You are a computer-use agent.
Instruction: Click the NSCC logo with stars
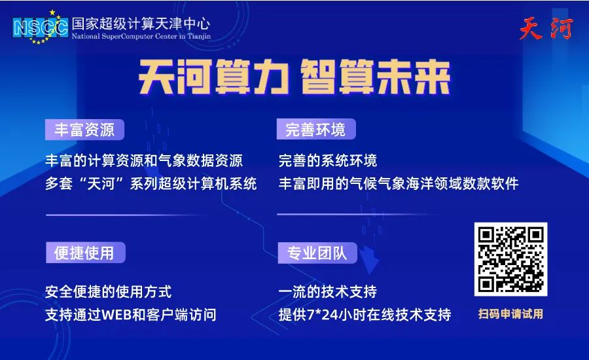pyautogui.click(x=40, y=27)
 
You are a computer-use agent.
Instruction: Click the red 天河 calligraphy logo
pyautogui.click(x=546, y=28)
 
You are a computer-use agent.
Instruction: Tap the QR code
pyautogui.click(x=510, y=259)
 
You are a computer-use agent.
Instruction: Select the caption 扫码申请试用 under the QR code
pyautogui.click(x=510, y=314)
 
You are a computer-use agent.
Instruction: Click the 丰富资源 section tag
pyautogui.click(x=84, y=130)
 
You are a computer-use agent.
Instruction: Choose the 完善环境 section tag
pyautogui.click(x=316, y=129)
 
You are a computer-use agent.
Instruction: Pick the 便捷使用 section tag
pyautogui.click(x=85, y=253)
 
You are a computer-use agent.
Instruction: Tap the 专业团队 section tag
pyautogui.click(x=317, y=253)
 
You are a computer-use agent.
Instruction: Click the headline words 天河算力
pyautogui.click(x=213, y=77)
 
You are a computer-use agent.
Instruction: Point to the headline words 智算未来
pyautogui.click(x=376, y=77)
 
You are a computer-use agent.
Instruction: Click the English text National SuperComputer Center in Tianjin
pyautogui.click(x=141, y=37)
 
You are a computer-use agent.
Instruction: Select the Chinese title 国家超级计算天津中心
pyautogui.click(x=141, y=24)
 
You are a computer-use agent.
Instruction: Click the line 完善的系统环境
pyautogui.click(x=328, y=160)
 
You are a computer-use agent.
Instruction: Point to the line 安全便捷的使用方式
pyautogui.click(x=108, y=292)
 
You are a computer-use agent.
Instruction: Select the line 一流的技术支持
pyautogui.click(x=328, y=292)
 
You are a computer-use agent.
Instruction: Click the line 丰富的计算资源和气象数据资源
pyautogui.click(x=144, y=160)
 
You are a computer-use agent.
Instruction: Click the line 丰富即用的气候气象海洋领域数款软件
pyautogui.click(x=399, y=184)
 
